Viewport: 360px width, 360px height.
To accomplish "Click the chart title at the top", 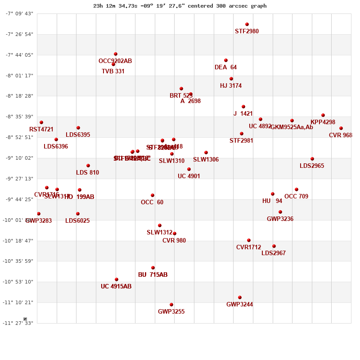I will tap(180, 6).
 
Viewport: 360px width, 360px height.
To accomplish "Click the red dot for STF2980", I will tap(247, 24).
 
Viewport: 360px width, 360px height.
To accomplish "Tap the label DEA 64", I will tap(225, 67).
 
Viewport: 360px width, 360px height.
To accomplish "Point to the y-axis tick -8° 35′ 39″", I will tap(19, 117).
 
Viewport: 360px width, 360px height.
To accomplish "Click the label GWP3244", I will tap(239, 305).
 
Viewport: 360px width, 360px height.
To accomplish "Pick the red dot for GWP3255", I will tap(171, 305).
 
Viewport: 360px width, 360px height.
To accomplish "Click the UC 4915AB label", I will tap(116, 287).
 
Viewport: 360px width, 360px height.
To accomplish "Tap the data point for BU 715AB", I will tap(153, 268).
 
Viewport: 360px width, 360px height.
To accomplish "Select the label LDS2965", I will tap(312, 166).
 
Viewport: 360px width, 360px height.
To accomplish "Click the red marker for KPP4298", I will tap(323, 115).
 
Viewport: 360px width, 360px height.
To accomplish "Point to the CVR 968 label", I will tap(340, 135).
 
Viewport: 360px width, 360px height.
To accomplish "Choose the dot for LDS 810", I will tap(88, 166).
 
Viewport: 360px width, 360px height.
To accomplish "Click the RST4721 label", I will tap(41, 130).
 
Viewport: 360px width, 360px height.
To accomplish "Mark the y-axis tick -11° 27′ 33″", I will tap(19, 323).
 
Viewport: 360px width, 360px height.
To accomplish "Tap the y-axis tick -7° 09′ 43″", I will tap(19, 13).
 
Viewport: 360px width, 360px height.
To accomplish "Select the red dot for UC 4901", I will tap(189, 169).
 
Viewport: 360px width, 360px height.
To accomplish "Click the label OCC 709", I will tap(296, 197).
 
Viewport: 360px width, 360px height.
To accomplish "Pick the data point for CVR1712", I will tap(249, 240).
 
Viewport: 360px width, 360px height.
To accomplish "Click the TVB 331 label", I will tap(113, 72).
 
